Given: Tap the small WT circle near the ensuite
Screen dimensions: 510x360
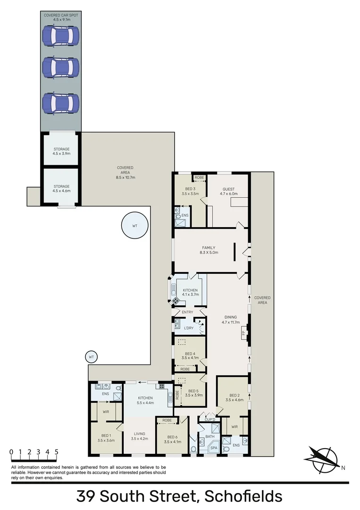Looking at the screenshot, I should pyautogui.click(x=92, y=357).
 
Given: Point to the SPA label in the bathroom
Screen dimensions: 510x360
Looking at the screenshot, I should pyautogui.click(x=214, y=448).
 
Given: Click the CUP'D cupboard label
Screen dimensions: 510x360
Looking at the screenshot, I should pyautogui.click(x=209, y=420).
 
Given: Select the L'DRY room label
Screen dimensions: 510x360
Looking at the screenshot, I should pyautogui.click(x=189, y=328).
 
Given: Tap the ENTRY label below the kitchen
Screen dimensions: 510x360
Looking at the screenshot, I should pyautogui.click(x=187, y=312).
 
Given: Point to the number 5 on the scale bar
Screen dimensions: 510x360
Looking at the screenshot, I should pyautogui.click(x=56, y=451).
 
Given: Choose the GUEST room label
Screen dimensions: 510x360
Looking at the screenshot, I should pyautogui.click(x=229, y=191).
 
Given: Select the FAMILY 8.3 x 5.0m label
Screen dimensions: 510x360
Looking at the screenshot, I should pyautogui.click(x=208, y=250).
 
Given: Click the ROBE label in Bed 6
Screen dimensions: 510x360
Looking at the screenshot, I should pyautogui.click(x=167, y=420).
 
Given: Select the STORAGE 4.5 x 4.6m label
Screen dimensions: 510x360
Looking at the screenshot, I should pyautogui.click(x=61, y=188).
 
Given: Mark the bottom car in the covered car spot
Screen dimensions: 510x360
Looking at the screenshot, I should pyautogui.click(x=60, y=102).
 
